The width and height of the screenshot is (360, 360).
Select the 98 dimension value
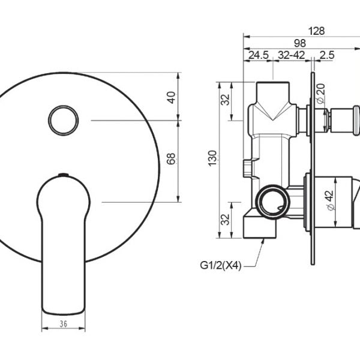coord(300,43)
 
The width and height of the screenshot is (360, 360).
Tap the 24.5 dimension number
coord(258,55)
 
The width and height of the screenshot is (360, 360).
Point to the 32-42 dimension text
coord(292,55)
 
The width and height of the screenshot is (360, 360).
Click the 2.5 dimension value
coord(327,55)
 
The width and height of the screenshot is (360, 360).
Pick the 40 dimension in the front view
coord(172,97)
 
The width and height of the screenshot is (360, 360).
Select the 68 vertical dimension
coord(172,160)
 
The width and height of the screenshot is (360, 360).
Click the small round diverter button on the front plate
coord(61,121)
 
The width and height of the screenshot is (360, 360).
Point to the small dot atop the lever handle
coord(61,175)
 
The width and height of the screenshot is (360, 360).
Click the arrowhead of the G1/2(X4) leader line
coord(265,240)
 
